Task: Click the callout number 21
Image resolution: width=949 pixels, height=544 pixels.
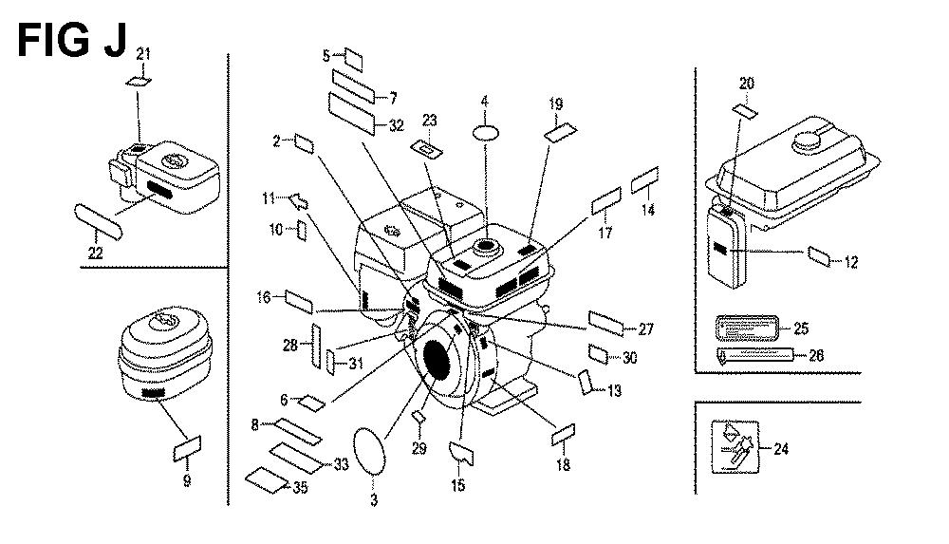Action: point(143,51)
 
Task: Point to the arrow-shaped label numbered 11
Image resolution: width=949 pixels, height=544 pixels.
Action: point(298,200)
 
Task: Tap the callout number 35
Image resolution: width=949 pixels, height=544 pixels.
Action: point(301,490)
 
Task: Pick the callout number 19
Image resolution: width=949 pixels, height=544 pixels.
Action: point(556,103)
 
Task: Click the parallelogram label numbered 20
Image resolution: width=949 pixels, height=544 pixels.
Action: point(745,109)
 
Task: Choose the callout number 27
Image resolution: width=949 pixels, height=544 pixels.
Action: point(645,330)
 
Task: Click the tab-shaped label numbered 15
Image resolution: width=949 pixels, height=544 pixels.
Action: point(461,452)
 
